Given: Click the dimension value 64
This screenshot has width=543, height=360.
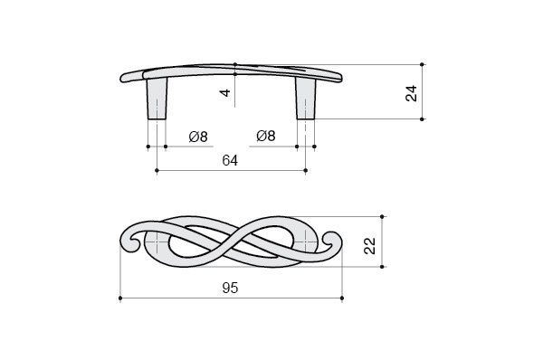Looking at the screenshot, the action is point(230,161).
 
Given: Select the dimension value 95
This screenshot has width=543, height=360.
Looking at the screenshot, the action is point(230,288).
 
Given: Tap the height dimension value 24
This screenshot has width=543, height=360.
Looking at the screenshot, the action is point(412,93).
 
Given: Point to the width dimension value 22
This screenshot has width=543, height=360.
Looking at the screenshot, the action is point(370,246).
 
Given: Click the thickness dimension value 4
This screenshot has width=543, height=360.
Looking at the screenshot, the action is point(225,93).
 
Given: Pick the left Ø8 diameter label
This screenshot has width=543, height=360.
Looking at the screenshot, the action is point(198,137).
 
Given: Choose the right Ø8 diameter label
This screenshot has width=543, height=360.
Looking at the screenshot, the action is point(266,136).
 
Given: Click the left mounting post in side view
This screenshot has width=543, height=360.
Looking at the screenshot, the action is point(157,99).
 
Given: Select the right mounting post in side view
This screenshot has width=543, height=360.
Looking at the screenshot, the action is point(306,99).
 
